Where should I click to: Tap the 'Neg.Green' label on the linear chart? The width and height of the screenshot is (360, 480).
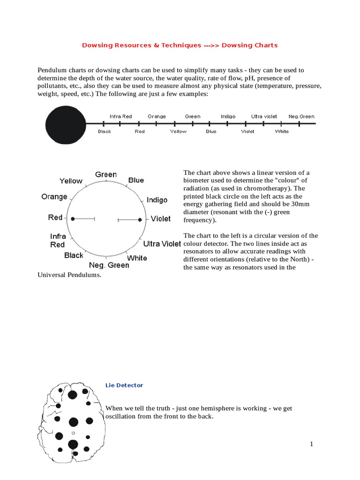(x=301, y=116)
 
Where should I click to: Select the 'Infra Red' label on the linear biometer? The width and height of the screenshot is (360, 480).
(x=120, y=116)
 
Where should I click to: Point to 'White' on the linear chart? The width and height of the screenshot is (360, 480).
(x=282, y=131)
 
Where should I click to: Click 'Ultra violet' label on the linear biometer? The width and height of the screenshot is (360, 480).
(x=264, y=116)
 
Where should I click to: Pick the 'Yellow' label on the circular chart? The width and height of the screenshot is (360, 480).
(x=71, y=181)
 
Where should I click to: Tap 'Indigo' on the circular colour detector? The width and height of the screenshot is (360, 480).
(x=157, y=200)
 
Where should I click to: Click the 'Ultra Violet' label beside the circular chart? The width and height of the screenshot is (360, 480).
(x=162, y=244)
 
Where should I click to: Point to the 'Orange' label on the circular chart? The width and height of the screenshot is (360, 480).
(x=54, y=197)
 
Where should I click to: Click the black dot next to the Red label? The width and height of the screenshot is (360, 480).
(x=73, y=218)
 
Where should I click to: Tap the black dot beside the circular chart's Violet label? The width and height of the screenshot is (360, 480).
(x=140, y=219)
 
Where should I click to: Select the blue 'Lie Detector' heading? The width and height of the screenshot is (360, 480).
(x=124, y=385)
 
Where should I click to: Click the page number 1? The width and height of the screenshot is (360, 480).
(x=311, y=444)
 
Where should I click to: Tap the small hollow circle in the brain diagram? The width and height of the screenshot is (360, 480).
(x=73, y=433)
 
